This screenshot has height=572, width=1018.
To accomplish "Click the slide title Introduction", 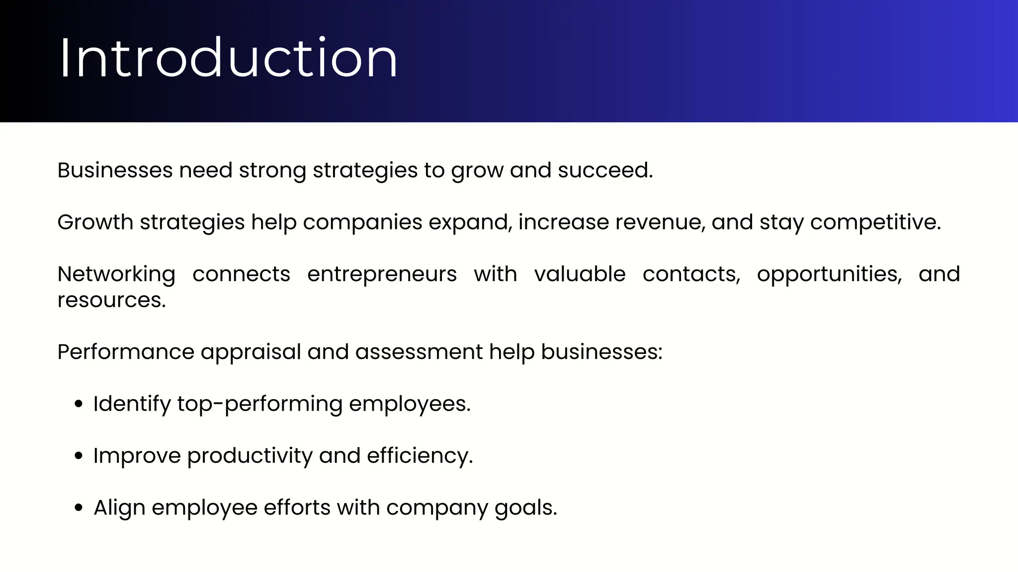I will (229, 59).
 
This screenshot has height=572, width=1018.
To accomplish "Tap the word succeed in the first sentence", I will (604, 170).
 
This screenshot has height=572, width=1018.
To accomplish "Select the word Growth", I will (95, 222).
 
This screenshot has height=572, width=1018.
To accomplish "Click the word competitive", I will (875, 222).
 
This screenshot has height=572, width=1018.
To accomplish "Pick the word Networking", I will (116, 275).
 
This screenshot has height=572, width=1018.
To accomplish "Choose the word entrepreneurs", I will (382, 275).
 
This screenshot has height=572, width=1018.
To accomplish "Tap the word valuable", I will (580, 274).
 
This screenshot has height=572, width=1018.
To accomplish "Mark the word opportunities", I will (829, 275).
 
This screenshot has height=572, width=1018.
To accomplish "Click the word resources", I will (111, 300).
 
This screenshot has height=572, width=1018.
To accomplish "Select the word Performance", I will (126, 352).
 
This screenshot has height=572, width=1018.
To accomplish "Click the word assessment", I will (419, 352).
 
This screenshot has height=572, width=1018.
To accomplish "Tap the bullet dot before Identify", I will (78, 404).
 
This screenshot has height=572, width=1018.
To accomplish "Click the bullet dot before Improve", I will (78, 456).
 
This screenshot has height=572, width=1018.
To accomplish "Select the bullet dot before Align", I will (78, 508).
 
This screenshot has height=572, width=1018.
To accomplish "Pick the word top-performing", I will (259, 404).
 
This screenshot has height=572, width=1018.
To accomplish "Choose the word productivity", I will (250, 456).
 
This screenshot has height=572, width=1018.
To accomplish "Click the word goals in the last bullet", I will (525, 508).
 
